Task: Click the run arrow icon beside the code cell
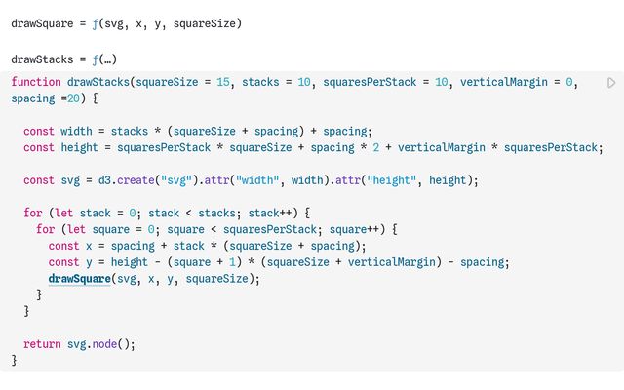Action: click(611, 83)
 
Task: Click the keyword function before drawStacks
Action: click(36, 82)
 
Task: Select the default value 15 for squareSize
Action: click(223, 82)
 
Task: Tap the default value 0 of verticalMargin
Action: click(569, 82)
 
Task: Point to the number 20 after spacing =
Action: click(73, 98)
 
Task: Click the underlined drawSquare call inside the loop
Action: click(79, 279)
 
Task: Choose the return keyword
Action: click(42, 344)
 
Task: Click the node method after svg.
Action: click(104, 344)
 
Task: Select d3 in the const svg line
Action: click(104, 180)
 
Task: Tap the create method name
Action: click(136, 180)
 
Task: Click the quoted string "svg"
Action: click(176, 180)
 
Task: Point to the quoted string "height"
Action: click(392, 180)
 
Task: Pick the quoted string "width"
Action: click(257, 180)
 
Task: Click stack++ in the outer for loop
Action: click(270, 213)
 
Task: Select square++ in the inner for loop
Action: click(354, 229)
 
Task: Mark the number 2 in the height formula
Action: click(376, 147)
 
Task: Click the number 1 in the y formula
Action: click(232, 262)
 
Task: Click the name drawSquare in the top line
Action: click(42, 23)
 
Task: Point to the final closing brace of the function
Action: click(14, 360)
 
